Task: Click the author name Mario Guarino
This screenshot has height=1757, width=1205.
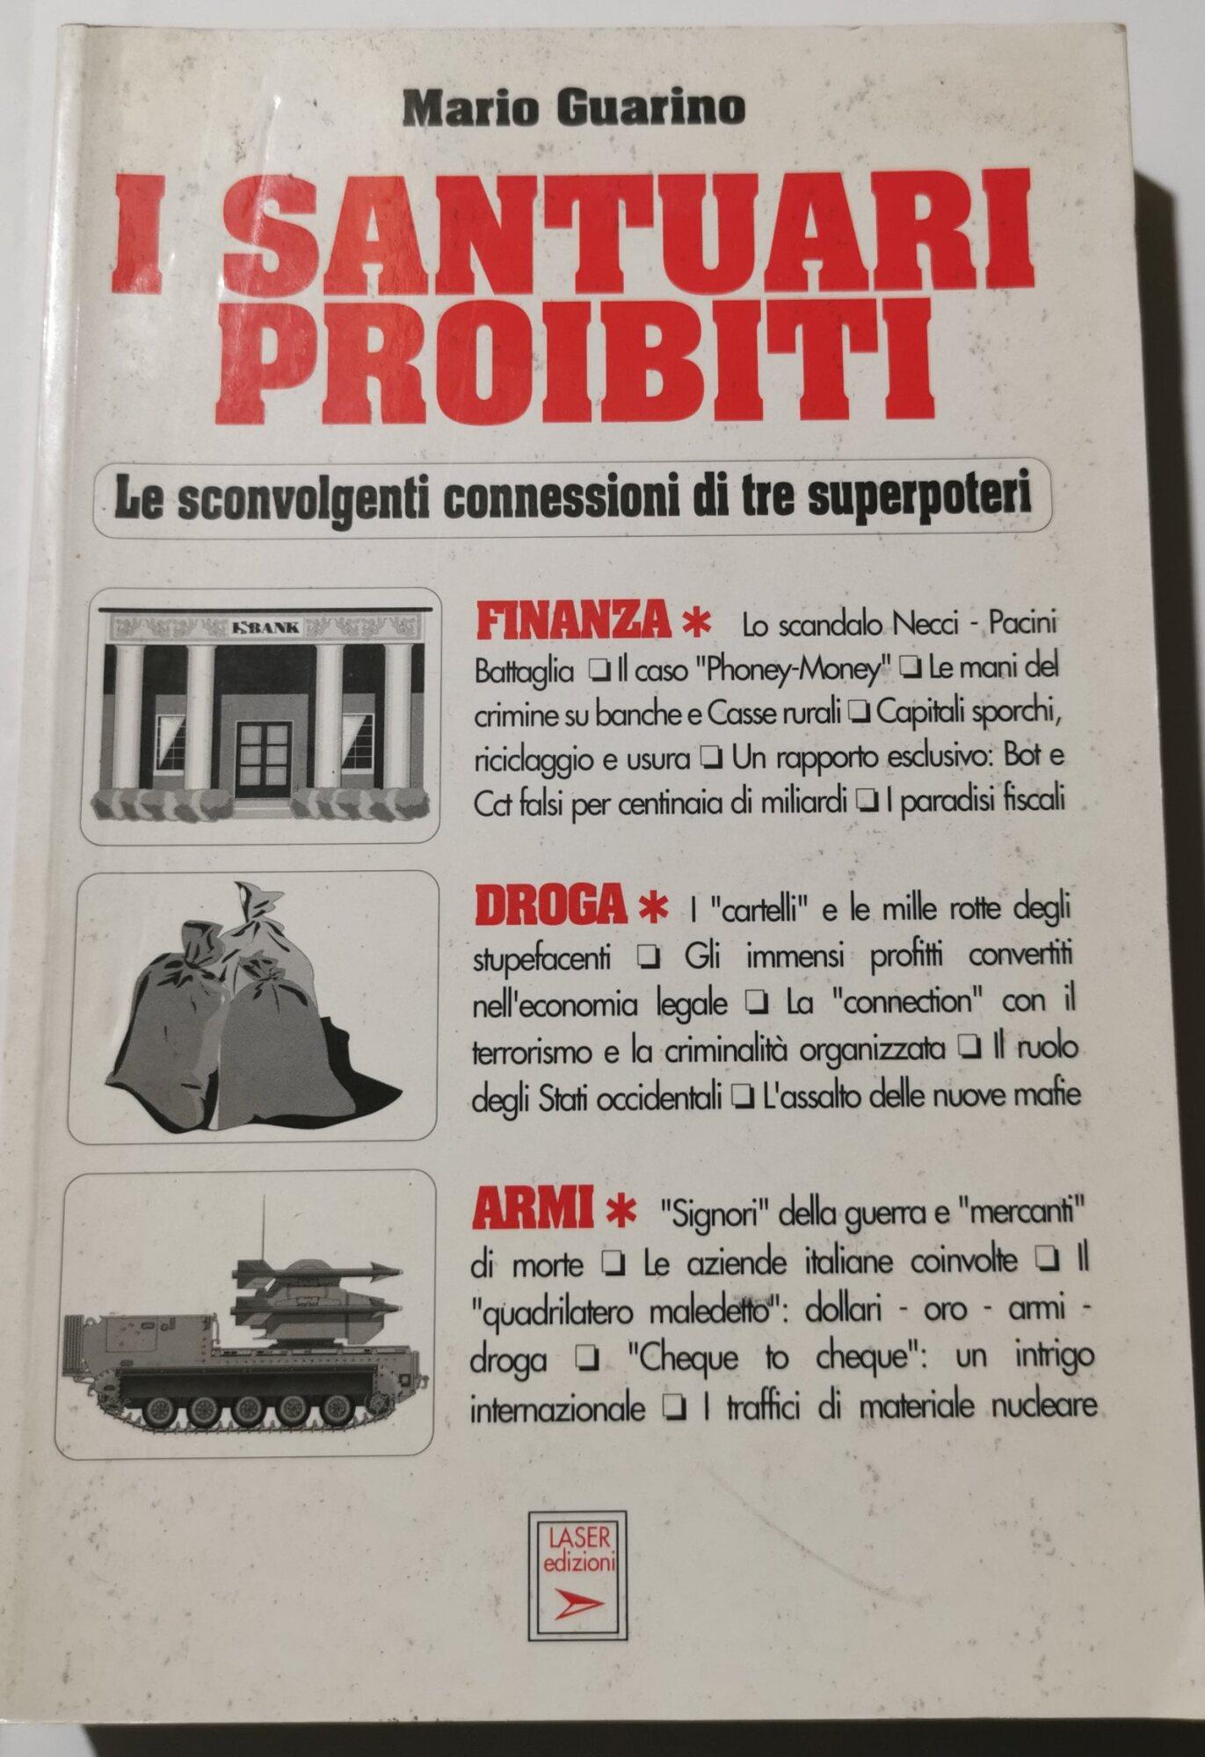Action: (574, 108)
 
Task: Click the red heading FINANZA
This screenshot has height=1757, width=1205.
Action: (572, 621)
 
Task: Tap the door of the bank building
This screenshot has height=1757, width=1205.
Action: (263, 758)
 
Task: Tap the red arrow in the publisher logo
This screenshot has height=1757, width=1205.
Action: (579, 1602)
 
